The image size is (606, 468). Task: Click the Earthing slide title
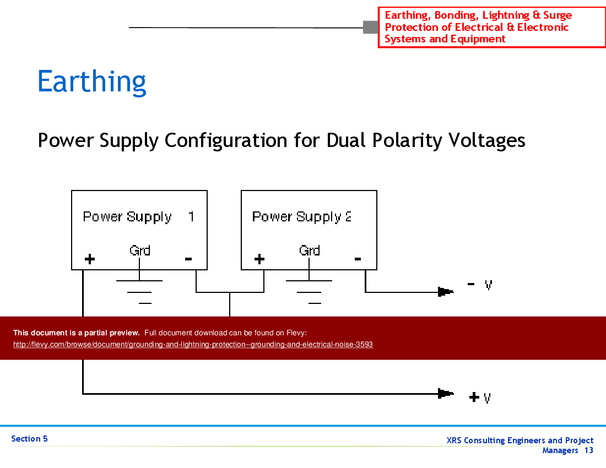[92, 81]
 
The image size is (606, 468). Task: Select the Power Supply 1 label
[138, 217]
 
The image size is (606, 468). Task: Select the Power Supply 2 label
[301, 217]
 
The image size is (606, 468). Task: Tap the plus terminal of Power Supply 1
[89, 259]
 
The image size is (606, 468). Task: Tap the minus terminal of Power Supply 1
[188, 258]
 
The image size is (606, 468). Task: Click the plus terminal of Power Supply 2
[259, 259]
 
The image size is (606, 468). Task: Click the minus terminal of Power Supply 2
[358, 258]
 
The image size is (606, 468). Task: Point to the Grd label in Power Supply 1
[140, 251]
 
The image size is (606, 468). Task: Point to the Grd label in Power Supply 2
[309, 251]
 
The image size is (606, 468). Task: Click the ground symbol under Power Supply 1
[140, 292]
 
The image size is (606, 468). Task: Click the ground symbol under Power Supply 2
[310, 292]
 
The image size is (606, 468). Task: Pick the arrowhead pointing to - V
[445, 292]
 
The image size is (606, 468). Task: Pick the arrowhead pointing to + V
[445, 393]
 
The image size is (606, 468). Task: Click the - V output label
[479, 285]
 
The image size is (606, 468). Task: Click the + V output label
[480, 397]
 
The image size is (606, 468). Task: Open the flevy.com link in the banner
[193, 345]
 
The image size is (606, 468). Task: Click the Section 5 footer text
[29, 439]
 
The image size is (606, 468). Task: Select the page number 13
[589, 450]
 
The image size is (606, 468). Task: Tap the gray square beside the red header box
[370, 27]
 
